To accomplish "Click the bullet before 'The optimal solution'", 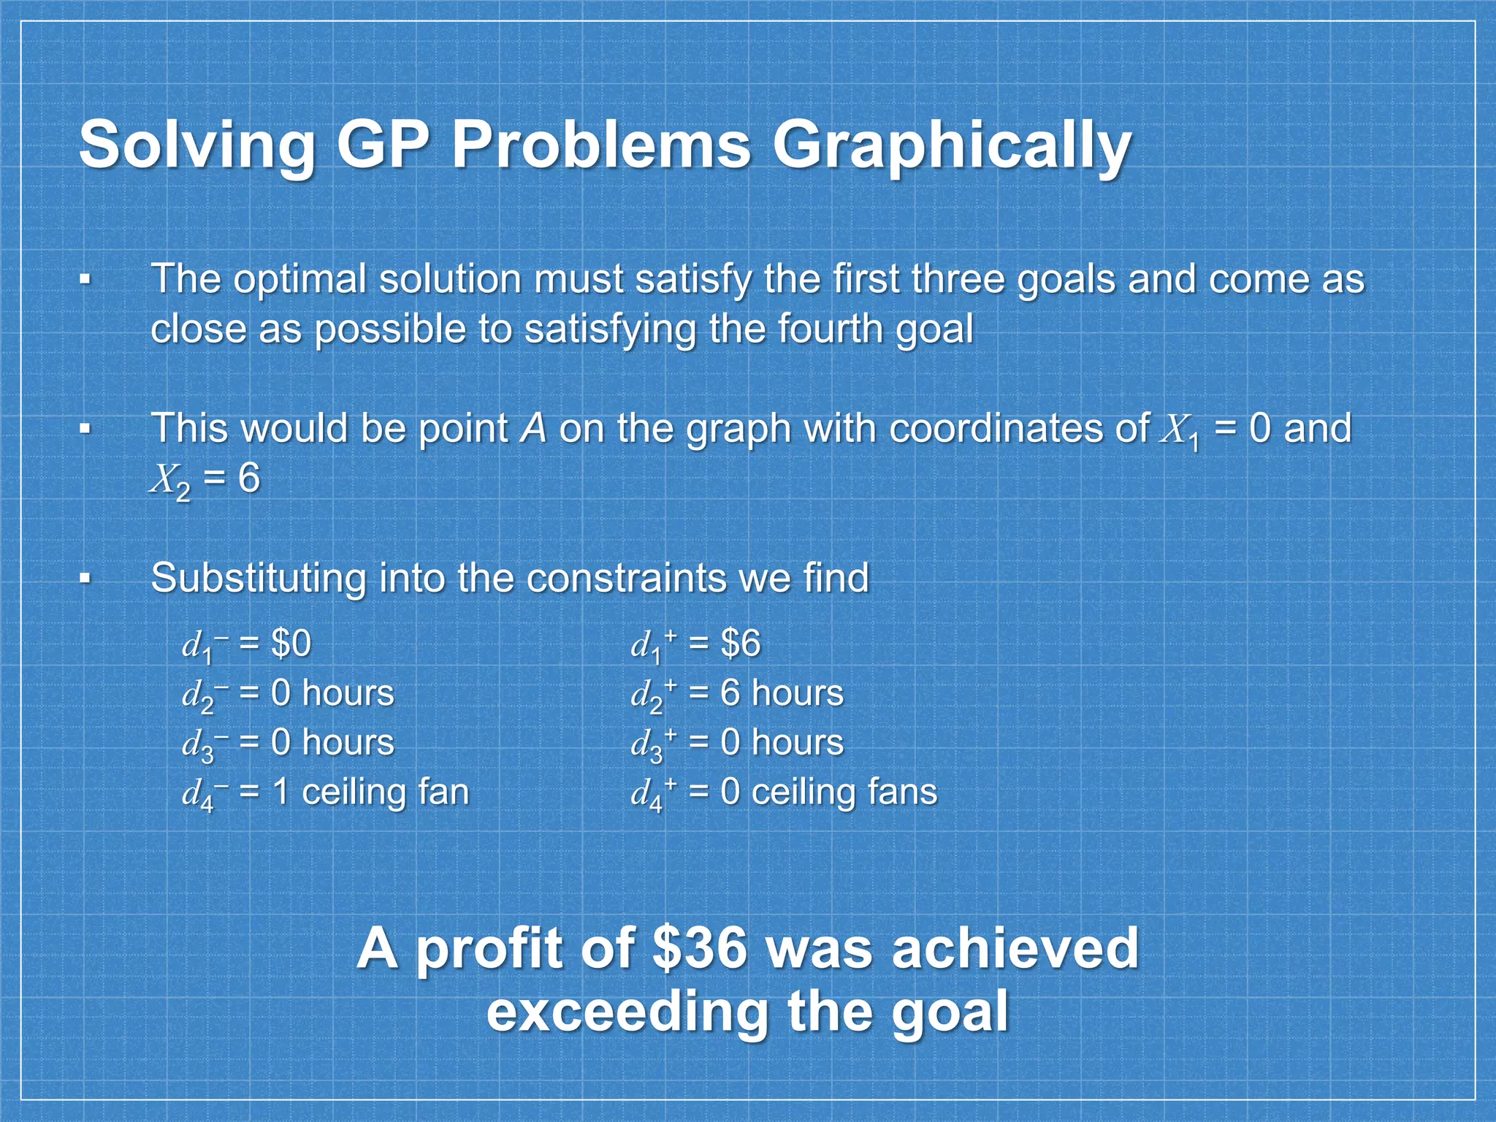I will [86, 279].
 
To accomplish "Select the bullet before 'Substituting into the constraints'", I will [86, 579].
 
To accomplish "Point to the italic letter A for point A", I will [533, 428].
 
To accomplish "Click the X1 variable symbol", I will [1180, 431].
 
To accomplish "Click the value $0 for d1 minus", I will [291, 644].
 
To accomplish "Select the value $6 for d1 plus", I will [740, 644].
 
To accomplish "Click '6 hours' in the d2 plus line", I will [782, 693].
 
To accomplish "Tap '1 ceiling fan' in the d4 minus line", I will [370, 792].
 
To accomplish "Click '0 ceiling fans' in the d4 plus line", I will [828, 792].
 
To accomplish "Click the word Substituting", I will [257, 579].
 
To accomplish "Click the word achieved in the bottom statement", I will [1015, 948].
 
